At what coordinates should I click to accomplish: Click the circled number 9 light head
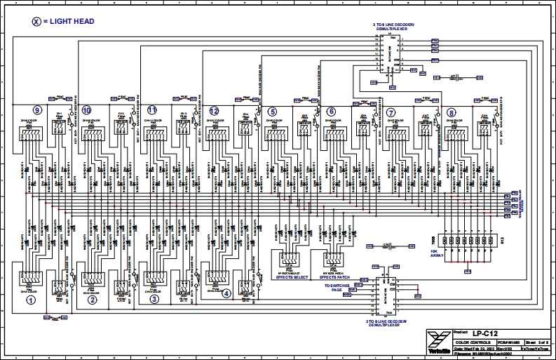click(x=37, y=111)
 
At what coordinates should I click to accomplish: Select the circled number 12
click(x=214, y=111)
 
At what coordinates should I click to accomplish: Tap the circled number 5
click(x=272, y=111)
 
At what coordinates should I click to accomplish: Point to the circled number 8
click(x=451, y=112)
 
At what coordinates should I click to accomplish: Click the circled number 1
click(x=31, y=300)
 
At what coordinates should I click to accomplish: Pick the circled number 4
click(x=226, y=294)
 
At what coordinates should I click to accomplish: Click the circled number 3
click(x=154, y=300)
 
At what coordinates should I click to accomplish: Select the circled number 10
click(x=86, y=111)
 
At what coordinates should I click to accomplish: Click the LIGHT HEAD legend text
click(x=70, y=22)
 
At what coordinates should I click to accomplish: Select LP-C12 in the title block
click(x=480, y=331)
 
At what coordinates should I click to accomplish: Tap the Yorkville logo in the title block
click(x=435, y=342)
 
